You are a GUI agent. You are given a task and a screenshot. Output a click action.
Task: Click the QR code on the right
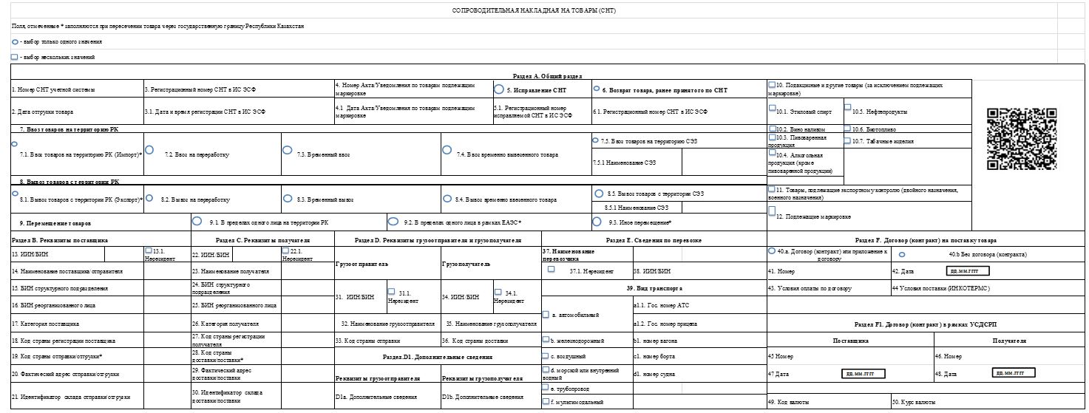(1022, 139)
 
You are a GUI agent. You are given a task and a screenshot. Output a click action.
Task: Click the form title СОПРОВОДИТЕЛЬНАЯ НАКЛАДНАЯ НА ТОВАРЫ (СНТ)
(533, 11)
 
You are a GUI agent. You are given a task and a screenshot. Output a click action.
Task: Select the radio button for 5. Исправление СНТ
(499, 89)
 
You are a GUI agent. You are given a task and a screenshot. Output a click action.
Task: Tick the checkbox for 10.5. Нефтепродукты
(848, 108)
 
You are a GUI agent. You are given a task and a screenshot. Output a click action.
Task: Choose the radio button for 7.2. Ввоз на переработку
(149, 150)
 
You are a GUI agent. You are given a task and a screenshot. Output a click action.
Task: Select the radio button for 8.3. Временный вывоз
(287, 198)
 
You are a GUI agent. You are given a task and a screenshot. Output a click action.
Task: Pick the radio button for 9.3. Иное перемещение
(596, 220)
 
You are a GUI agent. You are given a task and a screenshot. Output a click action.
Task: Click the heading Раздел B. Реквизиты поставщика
(61, 240)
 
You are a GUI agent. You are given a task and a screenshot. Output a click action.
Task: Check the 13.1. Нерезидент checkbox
(149, 251)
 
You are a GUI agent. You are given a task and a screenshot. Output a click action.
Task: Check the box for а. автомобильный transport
(546, 315)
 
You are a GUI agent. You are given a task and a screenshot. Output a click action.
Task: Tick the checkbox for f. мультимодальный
(546, 401)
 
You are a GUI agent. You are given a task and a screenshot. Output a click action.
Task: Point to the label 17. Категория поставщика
(46, 324)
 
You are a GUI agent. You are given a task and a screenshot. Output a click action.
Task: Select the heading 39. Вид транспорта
(654, 287)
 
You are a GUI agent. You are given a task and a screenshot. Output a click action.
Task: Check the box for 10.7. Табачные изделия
(848, 139)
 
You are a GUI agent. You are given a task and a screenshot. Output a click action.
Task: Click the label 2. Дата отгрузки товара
(43, 112)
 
